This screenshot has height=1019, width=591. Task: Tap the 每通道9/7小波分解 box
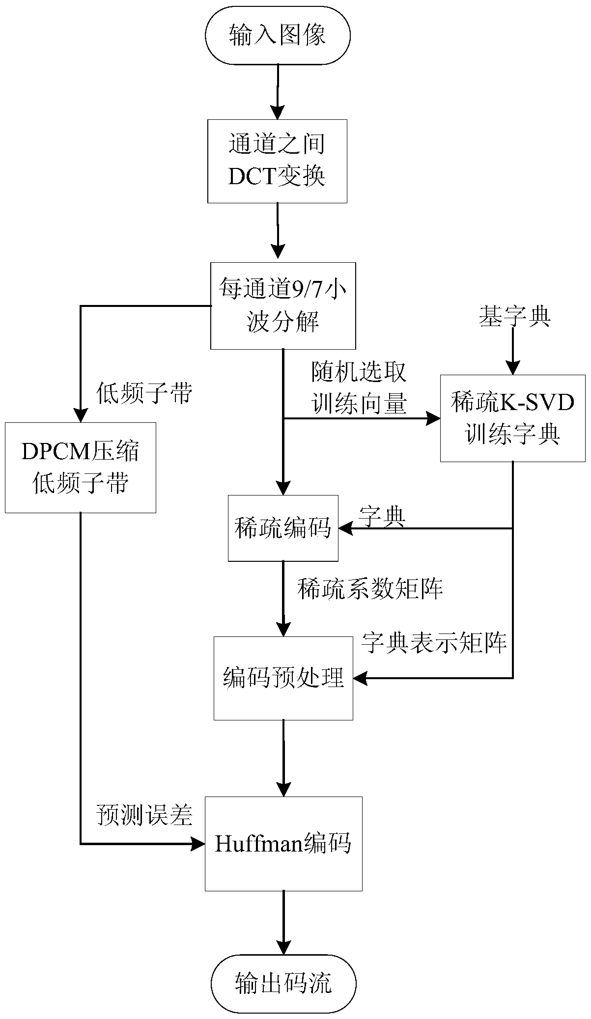[283, 306]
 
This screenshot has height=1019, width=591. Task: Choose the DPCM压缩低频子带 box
[81, 467]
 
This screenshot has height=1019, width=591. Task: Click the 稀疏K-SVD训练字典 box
[512, 418]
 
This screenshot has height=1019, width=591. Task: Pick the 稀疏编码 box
[283, 528]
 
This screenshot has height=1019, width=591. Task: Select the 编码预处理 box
[283, 678]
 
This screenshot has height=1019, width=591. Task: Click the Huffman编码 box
[283, 844]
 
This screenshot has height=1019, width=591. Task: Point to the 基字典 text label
[514, 317]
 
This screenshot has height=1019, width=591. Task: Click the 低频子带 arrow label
[144, 393]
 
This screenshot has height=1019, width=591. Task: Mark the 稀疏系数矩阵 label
[370, 588]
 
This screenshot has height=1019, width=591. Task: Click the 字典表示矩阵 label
[434, 642]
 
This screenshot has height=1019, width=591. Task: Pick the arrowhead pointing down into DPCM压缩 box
[81, 415]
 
